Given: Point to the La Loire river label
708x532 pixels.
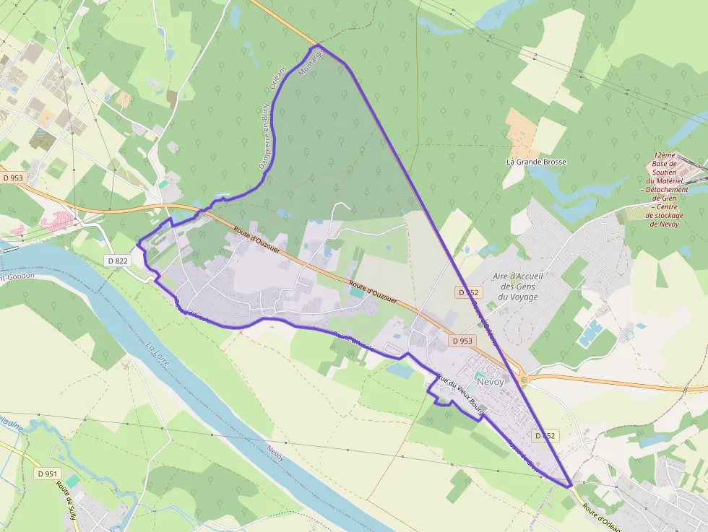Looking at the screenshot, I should [158, 357].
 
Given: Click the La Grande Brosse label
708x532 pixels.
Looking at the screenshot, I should [535, 162].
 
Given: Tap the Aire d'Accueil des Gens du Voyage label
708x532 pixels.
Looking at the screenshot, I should [517, 290].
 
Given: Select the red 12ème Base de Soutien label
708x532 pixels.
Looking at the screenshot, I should [664, 189].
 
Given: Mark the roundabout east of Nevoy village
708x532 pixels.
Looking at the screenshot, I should [524, 378].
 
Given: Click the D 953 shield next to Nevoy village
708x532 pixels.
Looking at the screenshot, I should [462, 340].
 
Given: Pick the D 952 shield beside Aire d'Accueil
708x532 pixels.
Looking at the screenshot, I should [468, 292].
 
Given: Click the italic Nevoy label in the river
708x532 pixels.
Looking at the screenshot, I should [275, 453].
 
